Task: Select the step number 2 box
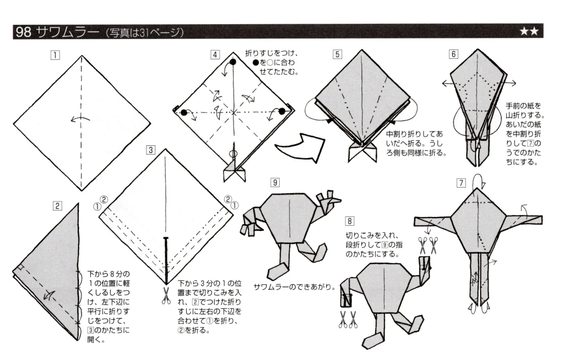click(57, 206)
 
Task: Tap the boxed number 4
click(215, 54)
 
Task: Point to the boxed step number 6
click(453, 54)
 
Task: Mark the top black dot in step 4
click(233, 63)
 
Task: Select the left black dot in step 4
click(183, 112)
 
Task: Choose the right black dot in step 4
click(281, 112)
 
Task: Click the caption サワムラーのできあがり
click(295, 287)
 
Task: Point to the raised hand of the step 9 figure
click(329, 198)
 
